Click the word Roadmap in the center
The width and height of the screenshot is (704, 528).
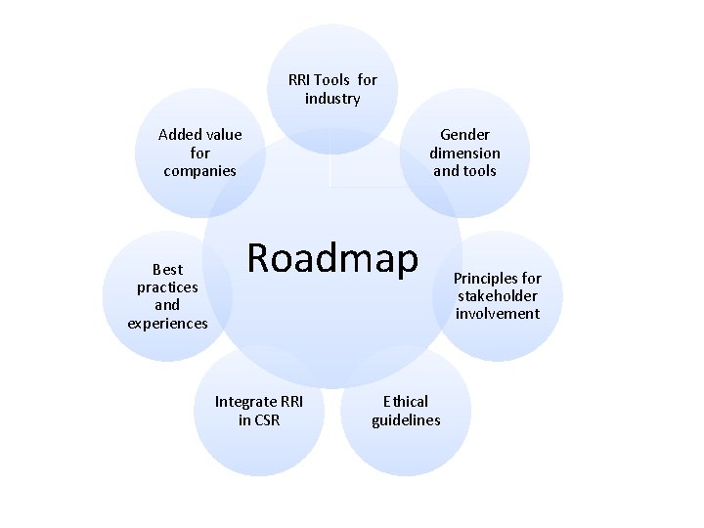(x=332, y=257)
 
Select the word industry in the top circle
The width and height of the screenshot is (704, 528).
(x=332, y=99)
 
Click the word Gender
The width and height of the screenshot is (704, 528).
(x=464, y=134)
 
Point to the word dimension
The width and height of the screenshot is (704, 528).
(x=464, y=153)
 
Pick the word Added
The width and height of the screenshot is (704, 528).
(x=179, y=134)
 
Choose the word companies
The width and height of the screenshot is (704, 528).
(x=200, y=171)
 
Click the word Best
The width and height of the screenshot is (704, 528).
(x=167, y=269)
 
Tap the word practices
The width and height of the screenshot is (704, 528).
(x=167, y=286)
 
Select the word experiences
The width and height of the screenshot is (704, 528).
(x=167, y=323)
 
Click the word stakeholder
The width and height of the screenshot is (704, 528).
(x=497, y=295)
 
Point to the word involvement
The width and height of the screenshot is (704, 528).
(x=497, y=314)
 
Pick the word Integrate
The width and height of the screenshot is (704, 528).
(x=245, y=401)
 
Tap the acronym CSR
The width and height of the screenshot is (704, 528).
(x=266, y=419)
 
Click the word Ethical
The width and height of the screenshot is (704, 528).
(x=406, y=401)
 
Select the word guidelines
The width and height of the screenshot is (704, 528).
(x=406, y=419)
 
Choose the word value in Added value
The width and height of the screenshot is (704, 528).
(x=223, y=134)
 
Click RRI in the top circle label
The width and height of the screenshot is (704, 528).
(x=301, y=80)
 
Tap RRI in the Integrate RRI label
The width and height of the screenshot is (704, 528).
(x=291, y=401)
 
